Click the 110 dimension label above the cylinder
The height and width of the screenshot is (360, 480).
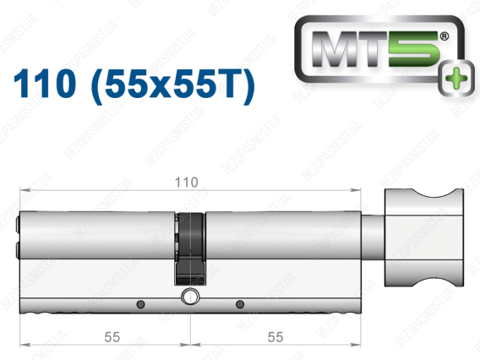pyautogui.click(x=186, y=183)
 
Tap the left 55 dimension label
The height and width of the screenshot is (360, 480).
pyautogui.click(x=112, y=337)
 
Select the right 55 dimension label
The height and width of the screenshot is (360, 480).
pyautogui.click(x=275, y=337)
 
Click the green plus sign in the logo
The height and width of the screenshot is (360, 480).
pyautogui.click(x=455, y=78)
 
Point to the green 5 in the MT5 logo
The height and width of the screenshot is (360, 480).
pyautogui.click(x=414, y=49)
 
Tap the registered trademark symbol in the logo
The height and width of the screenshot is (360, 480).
pyautogui.click(x=445, y=36)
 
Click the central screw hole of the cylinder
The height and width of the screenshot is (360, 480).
pyautogui.click(x=190, y=297)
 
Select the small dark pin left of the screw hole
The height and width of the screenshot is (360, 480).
pyautogui.click(x=140, y=304)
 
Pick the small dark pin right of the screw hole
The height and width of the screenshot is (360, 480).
pyautogui.click(x=240, y=304)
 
